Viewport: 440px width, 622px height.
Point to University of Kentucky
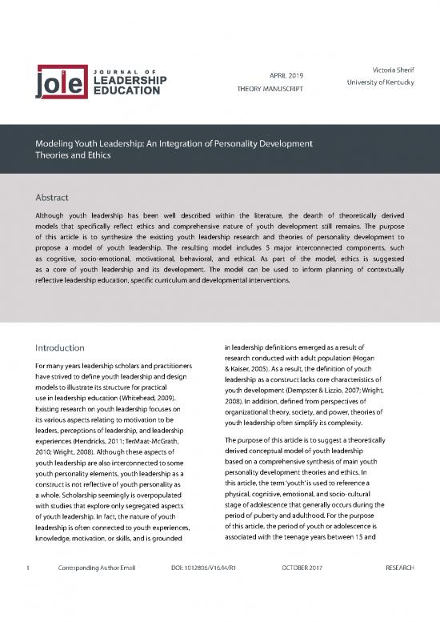pos(378,85)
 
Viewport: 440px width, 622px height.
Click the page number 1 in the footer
pos(27,591)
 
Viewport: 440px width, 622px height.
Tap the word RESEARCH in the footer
pos(399,591)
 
